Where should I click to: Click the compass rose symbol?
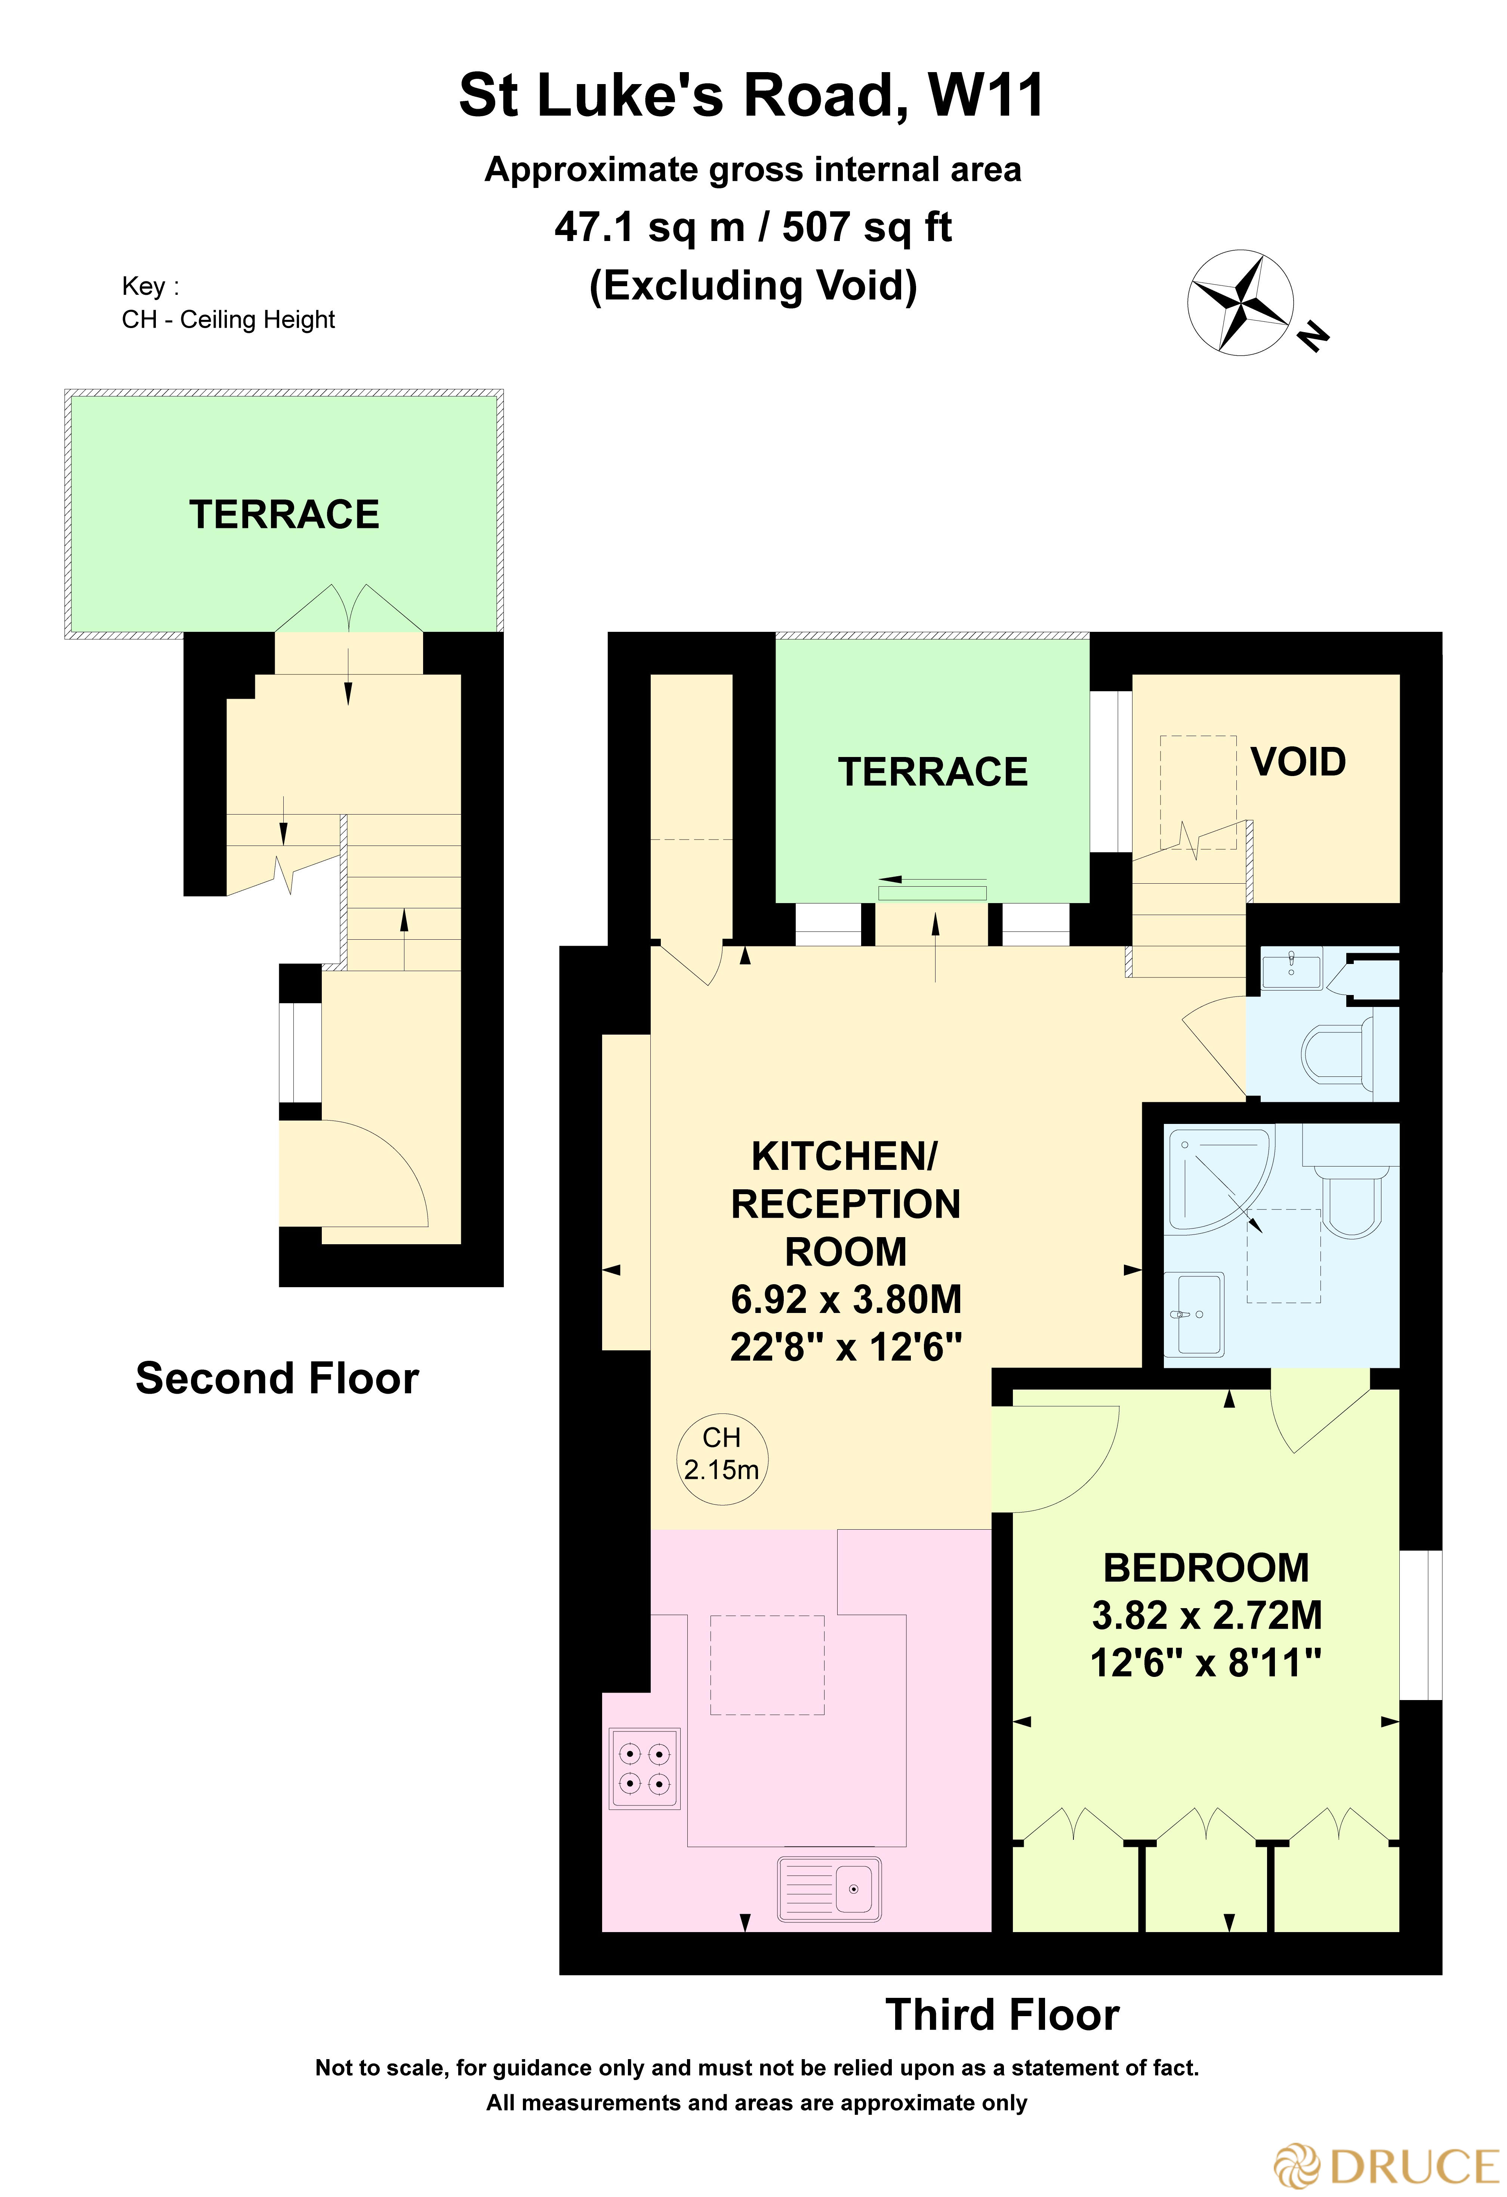point(1239,303)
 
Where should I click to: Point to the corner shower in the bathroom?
point(1215,1179)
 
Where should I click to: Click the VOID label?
point(1298,762)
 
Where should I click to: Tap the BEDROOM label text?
point(1206,1568)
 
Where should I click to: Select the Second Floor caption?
point(277,1378)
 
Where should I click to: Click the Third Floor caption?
point(1002,2015)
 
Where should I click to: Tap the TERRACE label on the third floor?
point(932,772)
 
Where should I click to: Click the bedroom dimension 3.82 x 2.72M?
point(1206,1616)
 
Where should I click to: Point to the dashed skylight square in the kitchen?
point(767,1665)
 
